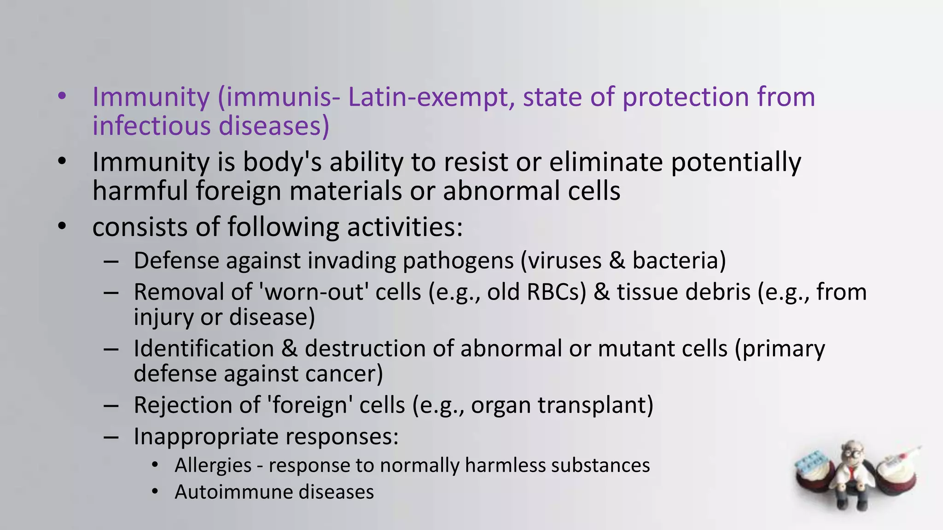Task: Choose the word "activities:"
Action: [405, 227]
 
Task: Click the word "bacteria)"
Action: [679, 261]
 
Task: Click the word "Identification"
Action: [204, 349]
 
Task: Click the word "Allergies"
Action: [213, 466]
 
